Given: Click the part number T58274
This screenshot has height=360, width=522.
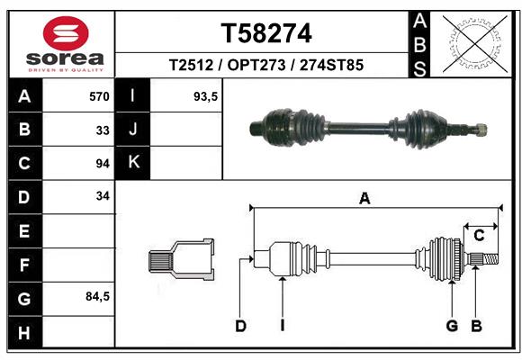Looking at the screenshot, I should [266, 33].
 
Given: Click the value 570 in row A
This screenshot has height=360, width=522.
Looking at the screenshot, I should [99, 95].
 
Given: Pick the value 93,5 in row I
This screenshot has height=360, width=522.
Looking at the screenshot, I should [206, 95].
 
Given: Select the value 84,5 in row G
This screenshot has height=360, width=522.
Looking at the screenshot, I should [97, 296].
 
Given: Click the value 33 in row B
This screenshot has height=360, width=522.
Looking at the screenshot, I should [103, 130].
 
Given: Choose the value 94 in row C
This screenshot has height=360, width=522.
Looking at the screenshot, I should [103, 164].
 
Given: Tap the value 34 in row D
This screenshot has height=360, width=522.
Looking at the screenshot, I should [103, 196].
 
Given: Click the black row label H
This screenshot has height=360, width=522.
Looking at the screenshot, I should [24, 332].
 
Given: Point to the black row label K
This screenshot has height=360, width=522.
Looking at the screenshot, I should [133, 163].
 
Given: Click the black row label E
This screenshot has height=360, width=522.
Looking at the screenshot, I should [24, 231].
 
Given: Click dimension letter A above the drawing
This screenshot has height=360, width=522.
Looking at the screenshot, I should [364, 199].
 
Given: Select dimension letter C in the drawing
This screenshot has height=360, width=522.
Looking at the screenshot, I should [480, 235].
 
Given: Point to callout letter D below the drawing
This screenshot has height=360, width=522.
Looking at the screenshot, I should [240, 326].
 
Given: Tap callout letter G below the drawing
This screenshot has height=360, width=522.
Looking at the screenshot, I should [452, 326].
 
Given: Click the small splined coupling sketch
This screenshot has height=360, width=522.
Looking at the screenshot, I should [181, 261].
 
